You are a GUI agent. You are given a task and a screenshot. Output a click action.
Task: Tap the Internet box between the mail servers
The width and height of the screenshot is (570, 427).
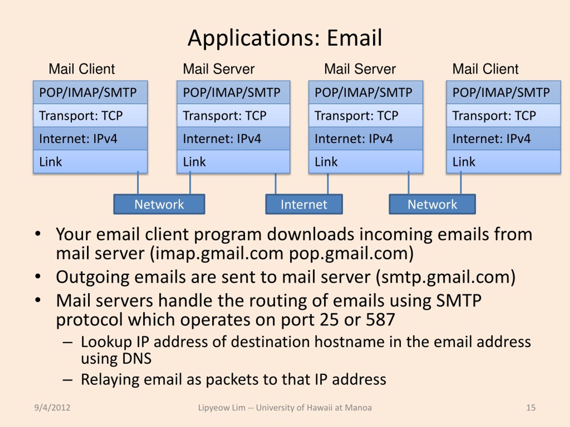304,204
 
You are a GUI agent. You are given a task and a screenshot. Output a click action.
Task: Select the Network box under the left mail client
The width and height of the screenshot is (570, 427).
159,204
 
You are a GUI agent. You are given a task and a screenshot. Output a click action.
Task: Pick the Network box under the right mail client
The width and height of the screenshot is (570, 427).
432,204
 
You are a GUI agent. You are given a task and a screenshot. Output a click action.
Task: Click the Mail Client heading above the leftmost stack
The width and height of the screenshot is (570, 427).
82,69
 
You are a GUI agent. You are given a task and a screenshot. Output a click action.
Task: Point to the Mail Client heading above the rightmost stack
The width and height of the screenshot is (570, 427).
485,69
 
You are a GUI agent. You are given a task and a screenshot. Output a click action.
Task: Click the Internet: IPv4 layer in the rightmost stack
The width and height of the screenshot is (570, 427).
503,139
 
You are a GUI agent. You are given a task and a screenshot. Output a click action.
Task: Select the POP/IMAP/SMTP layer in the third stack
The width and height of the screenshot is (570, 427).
366,92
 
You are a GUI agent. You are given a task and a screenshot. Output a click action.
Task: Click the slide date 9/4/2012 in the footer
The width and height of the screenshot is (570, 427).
52,408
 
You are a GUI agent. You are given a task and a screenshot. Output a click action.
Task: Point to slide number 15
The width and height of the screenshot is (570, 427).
531,408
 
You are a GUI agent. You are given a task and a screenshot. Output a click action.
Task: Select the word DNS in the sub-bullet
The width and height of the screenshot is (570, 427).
137,359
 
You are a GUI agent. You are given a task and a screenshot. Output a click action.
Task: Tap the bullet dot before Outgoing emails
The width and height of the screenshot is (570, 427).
38,277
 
